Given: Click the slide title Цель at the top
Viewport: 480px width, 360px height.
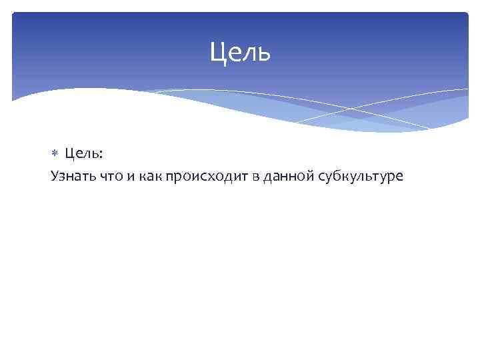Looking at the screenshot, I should [240, 52].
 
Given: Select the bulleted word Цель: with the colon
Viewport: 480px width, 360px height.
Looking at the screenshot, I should [84, 154].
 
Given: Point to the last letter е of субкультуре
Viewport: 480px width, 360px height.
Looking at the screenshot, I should [399, 177].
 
